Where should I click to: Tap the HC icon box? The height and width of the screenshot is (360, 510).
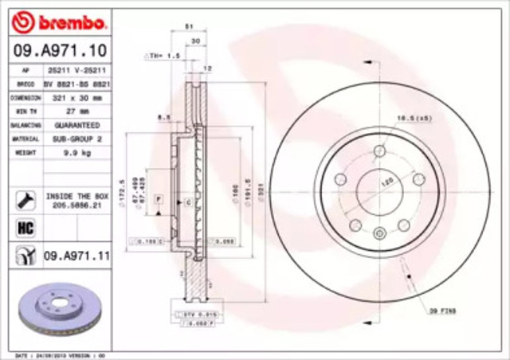24,227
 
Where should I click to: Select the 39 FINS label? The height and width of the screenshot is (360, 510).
441,307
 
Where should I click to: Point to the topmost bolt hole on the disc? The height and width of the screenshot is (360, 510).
380,151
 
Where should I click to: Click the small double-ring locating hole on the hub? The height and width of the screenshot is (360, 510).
380,233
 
